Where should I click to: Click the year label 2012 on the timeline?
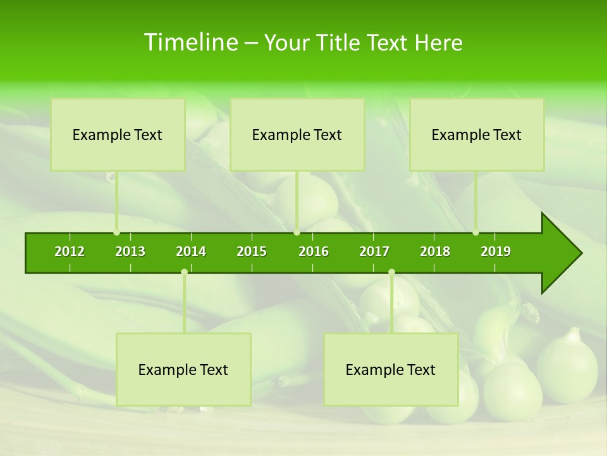(70, 251)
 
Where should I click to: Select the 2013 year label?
(130, 251)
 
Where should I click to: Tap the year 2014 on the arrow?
(191, 251)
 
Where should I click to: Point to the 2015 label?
(252, 251)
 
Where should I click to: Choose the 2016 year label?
(314, 251)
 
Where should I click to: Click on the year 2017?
(374, 251)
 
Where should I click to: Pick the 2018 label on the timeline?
(435, 251)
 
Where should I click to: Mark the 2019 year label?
(496, 251)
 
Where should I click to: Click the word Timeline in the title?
(190, 42)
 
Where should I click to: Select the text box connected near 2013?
(118, 135)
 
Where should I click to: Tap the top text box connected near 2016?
(297, 135)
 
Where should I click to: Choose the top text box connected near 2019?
(477, 135)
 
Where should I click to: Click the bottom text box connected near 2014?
(183, 370)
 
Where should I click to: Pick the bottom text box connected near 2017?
(391, 370)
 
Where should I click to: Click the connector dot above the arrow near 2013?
(116, 232)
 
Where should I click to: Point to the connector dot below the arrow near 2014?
(184, 272)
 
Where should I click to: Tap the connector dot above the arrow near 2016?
(297, 232)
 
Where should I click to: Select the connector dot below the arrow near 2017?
(391, 272)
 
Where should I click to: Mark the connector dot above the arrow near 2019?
(475, 232)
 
